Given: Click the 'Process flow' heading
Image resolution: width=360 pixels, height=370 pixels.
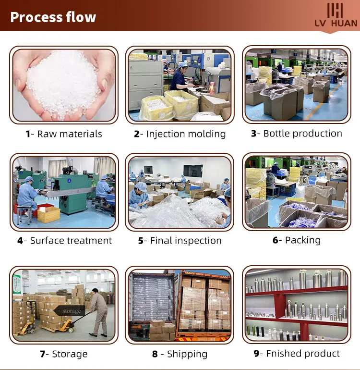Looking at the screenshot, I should tap(53, 17).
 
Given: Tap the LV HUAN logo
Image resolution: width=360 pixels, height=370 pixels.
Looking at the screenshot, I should tap(336, 16).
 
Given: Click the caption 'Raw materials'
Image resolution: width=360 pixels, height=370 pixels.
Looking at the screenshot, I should tap(70, 134).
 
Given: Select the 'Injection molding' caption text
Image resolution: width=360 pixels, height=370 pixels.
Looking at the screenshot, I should tap(186, 134).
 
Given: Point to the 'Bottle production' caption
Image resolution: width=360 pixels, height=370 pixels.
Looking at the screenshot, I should tap(302, 134).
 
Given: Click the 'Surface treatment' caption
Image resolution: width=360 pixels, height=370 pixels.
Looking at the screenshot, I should tap(71, 241).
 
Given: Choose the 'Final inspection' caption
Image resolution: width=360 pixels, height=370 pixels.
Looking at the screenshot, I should tap(186, 241).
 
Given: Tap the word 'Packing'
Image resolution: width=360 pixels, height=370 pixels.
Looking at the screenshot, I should tap(302, 240).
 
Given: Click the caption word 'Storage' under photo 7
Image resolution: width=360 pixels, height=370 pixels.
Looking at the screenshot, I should tap(70, 354).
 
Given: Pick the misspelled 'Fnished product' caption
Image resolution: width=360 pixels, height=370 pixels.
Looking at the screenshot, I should tap(302, 354).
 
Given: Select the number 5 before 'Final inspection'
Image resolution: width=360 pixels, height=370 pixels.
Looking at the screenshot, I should tap(141, 241).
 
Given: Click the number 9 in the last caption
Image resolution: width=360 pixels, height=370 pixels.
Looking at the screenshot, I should tap(256, 354).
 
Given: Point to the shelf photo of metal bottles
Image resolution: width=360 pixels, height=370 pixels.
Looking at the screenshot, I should tap(296, 305).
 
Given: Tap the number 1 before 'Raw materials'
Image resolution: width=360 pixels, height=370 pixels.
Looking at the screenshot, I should tap(28, 134).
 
